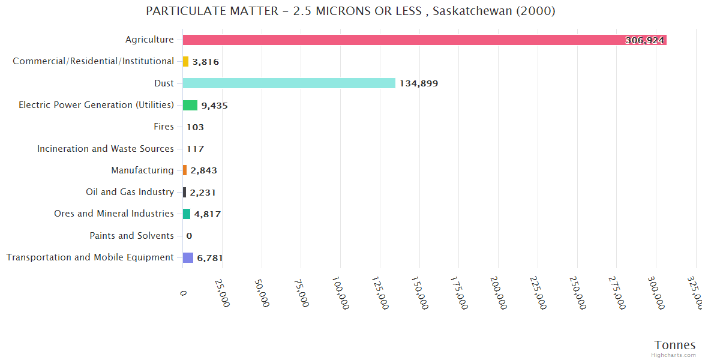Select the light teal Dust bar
click(x=289, y=83)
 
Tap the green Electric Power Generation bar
click(x=190, y=105)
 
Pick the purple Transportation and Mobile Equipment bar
click(x=188, y=257)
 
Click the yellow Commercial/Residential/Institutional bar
click(x=185, y=61)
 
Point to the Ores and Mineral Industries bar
click(x=187, y=214)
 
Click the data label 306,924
click(x=644, y=40)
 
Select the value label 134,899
click(x=419, y=83)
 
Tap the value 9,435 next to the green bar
click(x=214, y=106)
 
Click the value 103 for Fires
click(x=195, y=127)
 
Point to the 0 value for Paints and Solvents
click(x=189, y=236)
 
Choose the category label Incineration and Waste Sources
click(x=105, y=149)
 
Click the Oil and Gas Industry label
click(x=130, y=192)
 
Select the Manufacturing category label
click(x=142, y=170)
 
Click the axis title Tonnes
click(x=674, y=345)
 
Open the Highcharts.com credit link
click(x=674, y=355)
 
